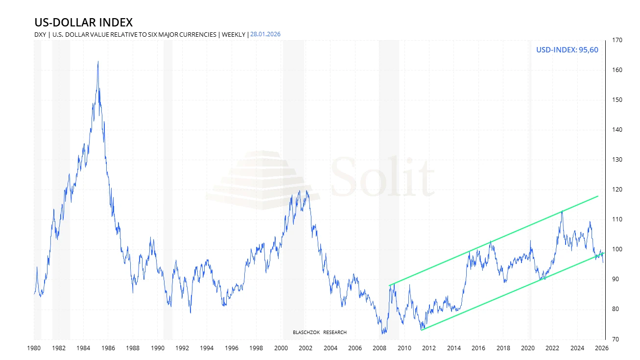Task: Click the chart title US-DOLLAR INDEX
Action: click(x=83, y=22)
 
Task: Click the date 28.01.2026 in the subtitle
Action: click(x=266, y=34)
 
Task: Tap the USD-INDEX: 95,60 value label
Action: click(x=567, y=50)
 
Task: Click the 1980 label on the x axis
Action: click(x=34, y=349)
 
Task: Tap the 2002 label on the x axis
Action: click(x=306, y=349)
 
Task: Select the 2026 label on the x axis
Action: click(x=602, y=349)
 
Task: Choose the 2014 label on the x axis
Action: click(x=453, y=349)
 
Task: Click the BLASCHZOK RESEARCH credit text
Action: click(x=319, y=333)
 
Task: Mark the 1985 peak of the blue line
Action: click(x=98, y=62)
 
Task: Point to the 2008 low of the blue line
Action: click(x=382, y=334)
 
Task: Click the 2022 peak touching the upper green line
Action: click(x=562, y=211)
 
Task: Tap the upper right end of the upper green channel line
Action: click(x=598, y=196)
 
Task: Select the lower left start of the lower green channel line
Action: click(x=422, y=330)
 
